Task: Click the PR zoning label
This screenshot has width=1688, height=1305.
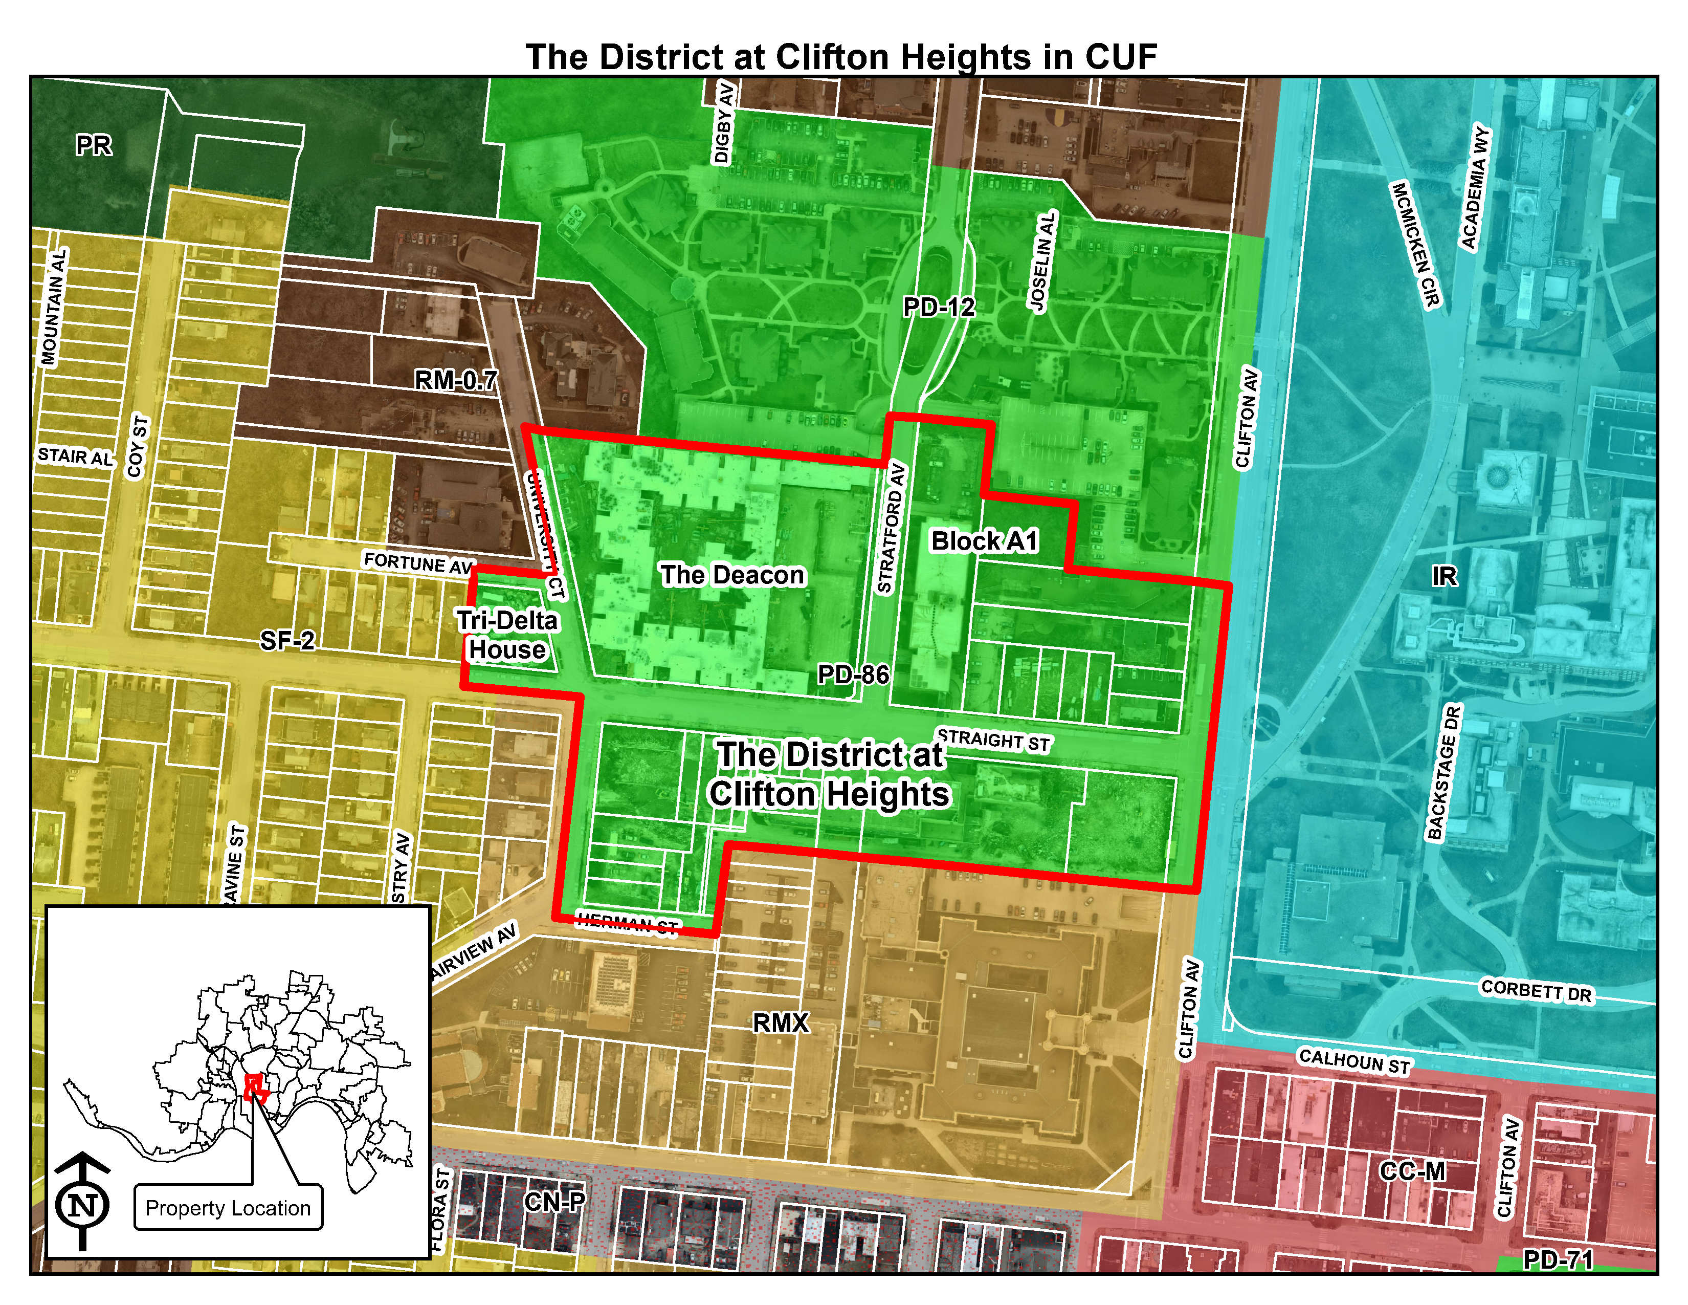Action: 94,145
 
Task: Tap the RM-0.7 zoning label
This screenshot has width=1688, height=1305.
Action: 456,380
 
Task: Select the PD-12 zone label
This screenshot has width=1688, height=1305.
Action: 939,308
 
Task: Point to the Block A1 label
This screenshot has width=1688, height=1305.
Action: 984,541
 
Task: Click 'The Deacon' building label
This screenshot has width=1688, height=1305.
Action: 732,575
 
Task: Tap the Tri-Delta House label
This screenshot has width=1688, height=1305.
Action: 507,635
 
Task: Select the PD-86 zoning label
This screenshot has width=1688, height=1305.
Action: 853,675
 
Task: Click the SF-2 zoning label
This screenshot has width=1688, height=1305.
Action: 287,640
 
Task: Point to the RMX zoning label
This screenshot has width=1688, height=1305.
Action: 781,1024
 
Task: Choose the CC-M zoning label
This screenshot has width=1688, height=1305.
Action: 1412,1171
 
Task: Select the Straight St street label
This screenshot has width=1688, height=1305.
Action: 993,740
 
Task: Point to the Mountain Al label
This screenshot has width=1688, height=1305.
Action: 55,307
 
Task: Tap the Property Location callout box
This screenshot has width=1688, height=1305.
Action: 228,1208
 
